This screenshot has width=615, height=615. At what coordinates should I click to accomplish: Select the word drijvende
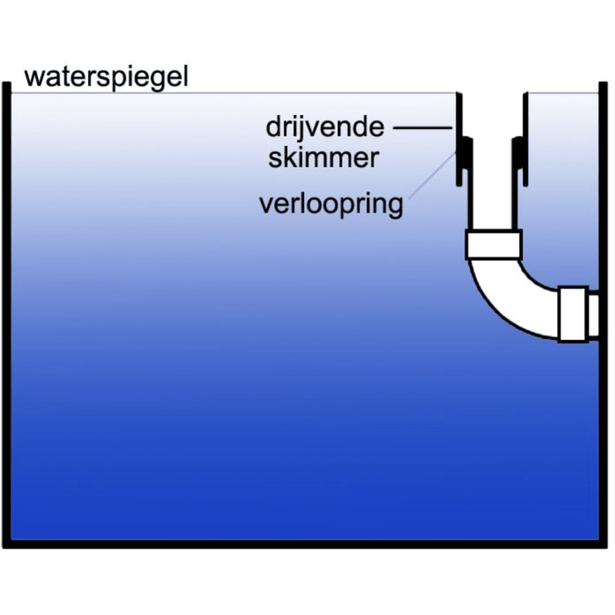325,127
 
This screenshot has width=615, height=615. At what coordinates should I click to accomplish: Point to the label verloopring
331,205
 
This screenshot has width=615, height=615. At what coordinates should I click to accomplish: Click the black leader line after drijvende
423,128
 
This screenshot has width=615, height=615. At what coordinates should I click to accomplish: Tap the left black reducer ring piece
467,156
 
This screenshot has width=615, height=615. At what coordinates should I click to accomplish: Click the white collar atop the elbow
494,245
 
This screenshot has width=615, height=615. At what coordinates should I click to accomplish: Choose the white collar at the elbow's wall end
573,314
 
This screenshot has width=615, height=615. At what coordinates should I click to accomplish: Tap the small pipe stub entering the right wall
594,315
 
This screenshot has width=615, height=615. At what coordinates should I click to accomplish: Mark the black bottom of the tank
307,544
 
